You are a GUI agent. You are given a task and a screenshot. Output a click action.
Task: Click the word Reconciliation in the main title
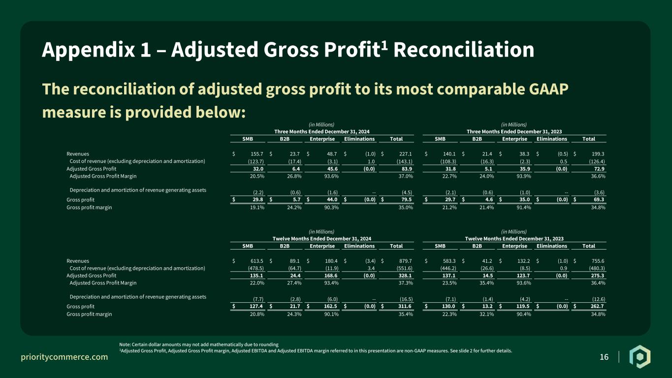tap(464, 50)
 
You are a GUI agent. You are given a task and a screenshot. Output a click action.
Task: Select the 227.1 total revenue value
tap(405, 154)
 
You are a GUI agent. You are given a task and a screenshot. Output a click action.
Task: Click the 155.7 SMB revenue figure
tap(257, 154)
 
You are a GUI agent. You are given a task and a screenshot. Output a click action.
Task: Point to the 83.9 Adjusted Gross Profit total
tap(407, 169)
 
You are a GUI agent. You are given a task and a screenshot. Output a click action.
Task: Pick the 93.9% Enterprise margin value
tap(523, 176)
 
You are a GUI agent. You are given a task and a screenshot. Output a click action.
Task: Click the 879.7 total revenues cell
tap(405, 261)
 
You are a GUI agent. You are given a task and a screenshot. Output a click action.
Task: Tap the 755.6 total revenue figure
tap(598, 261)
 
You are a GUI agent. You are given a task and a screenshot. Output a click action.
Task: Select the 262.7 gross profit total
tap(597, 306)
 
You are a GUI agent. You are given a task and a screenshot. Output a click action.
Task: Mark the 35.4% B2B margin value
tap(486, 283)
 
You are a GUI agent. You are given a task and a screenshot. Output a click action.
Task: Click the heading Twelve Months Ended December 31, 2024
tap(322, 239)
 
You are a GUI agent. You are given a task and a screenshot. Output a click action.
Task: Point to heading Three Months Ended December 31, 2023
tap(514, 132)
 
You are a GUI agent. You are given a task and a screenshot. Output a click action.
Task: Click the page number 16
tap(604, 357)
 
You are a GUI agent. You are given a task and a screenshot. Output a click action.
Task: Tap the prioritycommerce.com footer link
tap(64, 357)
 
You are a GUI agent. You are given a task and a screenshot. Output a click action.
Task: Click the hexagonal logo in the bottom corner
tap(640, 357)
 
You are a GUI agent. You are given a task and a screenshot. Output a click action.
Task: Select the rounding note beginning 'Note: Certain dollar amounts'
tap(199, 345)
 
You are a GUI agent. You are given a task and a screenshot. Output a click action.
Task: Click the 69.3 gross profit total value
tap(599, 199)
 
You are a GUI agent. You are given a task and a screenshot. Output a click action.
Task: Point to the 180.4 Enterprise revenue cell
tap(331, 261)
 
